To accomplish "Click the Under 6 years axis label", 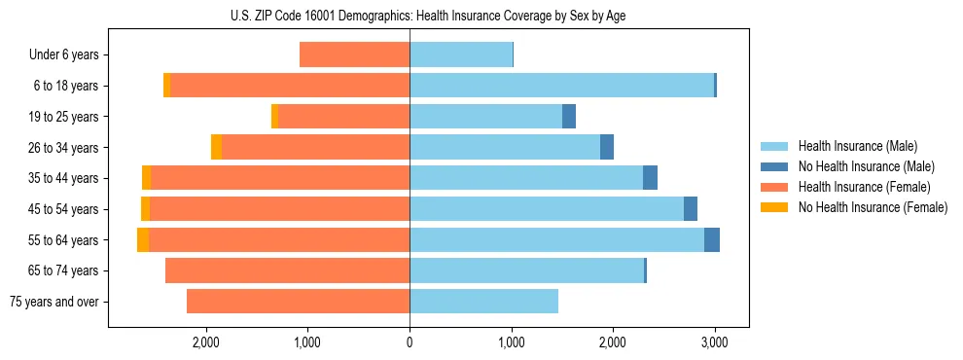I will click(69, 55).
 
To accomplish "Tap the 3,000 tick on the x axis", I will click(715, 342).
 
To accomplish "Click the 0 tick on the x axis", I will click(410, 342).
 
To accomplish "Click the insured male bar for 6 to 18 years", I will click(561, 86).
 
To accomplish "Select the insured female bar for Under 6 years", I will click(354, 55).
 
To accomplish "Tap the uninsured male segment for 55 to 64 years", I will click(712, 240).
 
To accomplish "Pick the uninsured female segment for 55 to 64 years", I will click(143, 240).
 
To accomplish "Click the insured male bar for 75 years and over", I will click(483, 302).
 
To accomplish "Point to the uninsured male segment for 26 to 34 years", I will click(607, 148).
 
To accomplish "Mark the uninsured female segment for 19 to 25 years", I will click(275, 117).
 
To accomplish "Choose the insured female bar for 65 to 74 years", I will click(287, 270).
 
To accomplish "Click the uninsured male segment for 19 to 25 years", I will click(569, 117).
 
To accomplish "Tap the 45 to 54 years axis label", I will click(64, 209).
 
